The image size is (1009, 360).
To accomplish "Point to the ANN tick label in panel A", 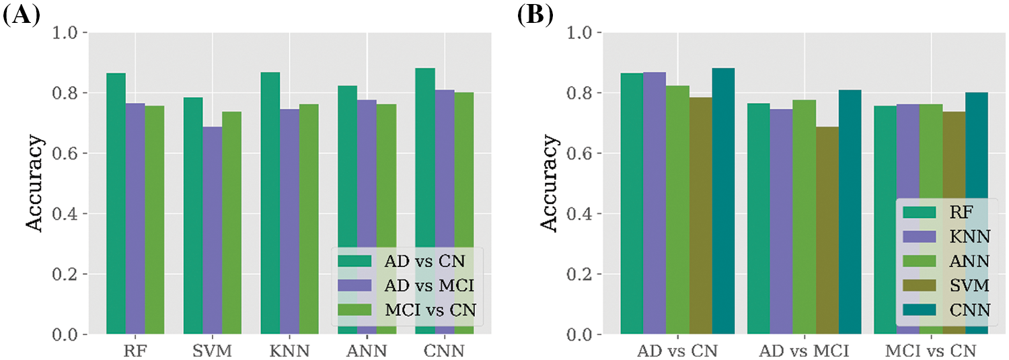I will tap(367, 351).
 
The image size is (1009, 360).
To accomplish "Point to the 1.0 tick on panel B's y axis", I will tap(583, 32).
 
